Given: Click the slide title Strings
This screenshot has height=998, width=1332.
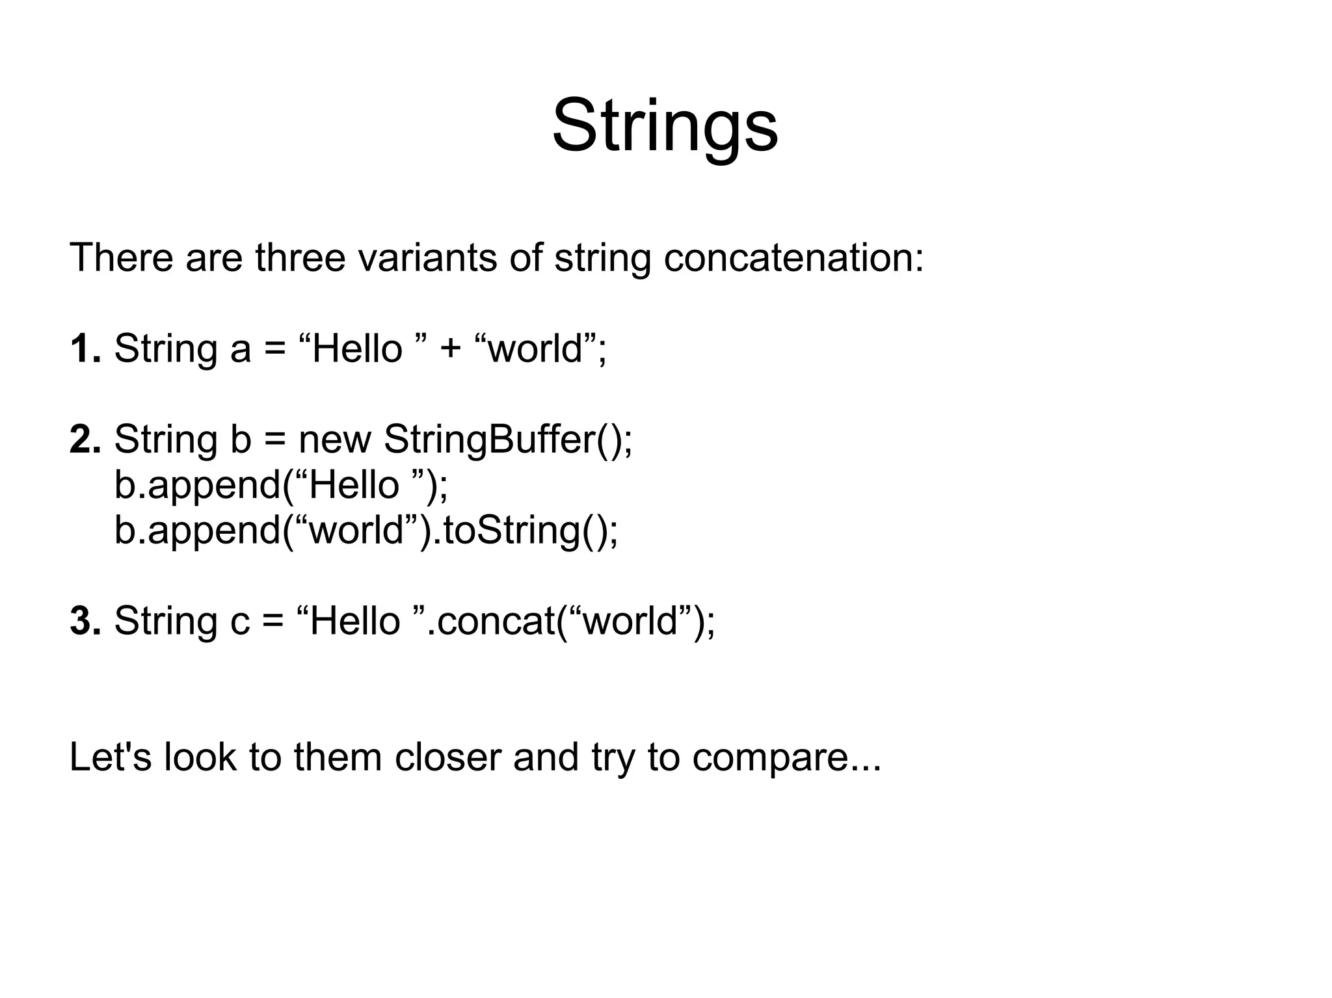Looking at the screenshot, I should [665, 125].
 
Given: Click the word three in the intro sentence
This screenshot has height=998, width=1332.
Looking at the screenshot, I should [300, 257].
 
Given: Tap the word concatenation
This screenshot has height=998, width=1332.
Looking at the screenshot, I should [793, 257].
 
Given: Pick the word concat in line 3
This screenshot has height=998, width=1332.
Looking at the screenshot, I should [496, 622].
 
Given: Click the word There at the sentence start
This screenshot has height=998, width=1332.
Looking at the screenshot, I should [121, 257].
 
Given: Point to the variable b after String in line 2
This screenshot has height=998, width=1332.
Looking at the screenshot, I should [240, 440].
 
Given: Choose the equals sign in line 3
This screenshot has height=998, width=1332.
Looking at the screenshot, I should [273, 622].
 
